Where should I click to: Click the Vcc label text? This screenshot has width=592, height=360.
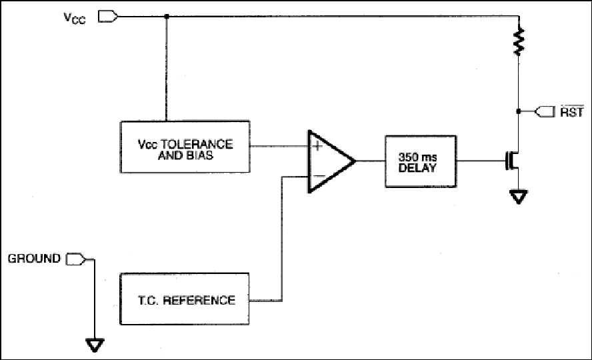point(75,18)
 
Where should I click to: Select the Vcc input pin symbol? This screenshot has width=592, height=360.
point(108,17)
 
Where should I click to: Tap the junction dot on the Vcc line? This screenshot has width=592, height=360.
point(167,17)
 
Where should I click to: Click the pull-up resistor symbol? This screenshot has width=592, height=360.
point(519,41)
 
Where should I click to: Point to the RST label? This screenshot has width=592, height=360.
point(571,112)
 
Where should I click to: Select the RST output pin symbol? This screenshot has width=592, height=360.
point(545,112)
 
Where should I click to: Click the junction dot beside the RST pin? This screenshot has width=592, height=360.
point(519,111)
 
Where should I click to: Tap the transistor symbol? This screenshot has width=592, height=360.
point(513,161)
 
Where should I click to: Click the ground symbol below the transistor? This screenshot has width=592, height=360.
point(519,197)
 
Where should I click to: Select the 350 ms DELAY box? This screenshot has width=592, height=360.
point(421,161)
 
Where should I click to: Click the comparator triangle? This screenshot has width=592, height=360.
point(331,161)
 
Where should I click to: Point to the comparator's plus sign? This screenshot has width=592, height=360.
point(318,145)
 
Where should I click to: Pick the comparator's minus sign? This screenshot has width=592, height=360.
point(319,176)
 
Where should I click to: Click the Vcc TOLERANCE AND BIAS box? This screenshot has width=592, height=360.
point(185,147)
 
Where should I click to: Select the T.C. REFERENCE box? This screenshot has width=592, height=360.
point(185,299)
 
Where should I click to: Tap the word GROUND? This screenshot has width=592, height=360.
point(34,259)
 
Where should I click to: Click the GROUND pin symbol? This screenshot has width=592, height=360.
point(75,259)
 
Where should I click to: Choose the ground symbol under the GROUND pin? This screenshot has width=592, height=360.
point(95,345)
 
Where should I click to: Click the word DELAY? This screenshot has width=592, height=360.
point(417,168)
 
